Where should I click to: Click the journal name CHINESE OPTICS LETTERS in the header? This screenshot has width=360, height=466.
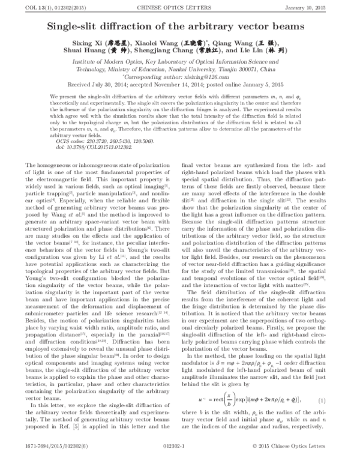(179, 7)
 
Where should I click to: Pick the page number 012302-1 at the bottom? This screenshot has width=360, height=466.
(179, 458)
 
